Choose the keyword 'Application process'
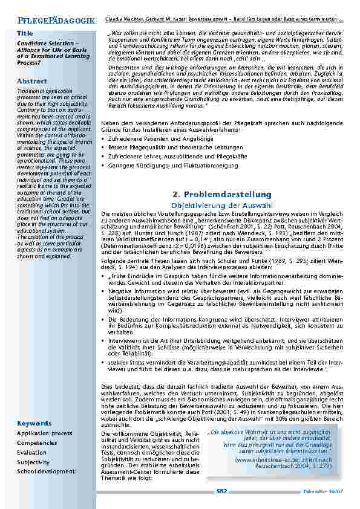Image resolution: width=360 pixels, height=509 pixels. tap(44, 433)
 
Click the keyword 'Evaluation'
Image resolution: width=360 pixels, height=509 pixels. tap(31, 452)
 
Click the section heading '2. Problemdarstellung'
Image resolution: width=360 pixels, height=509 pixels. tap(221, 194)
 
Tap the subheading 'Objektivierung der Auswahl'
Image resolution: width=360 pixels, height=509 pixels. tap(223, 205)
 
